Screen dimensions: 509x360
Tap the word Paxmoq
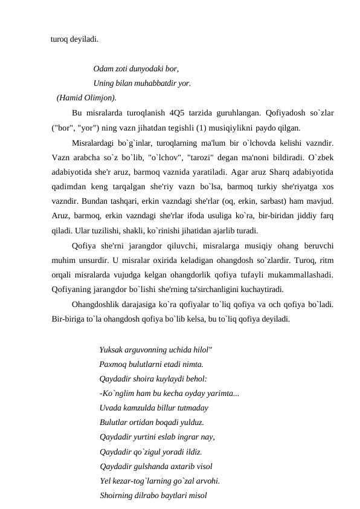pos(112,365)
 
